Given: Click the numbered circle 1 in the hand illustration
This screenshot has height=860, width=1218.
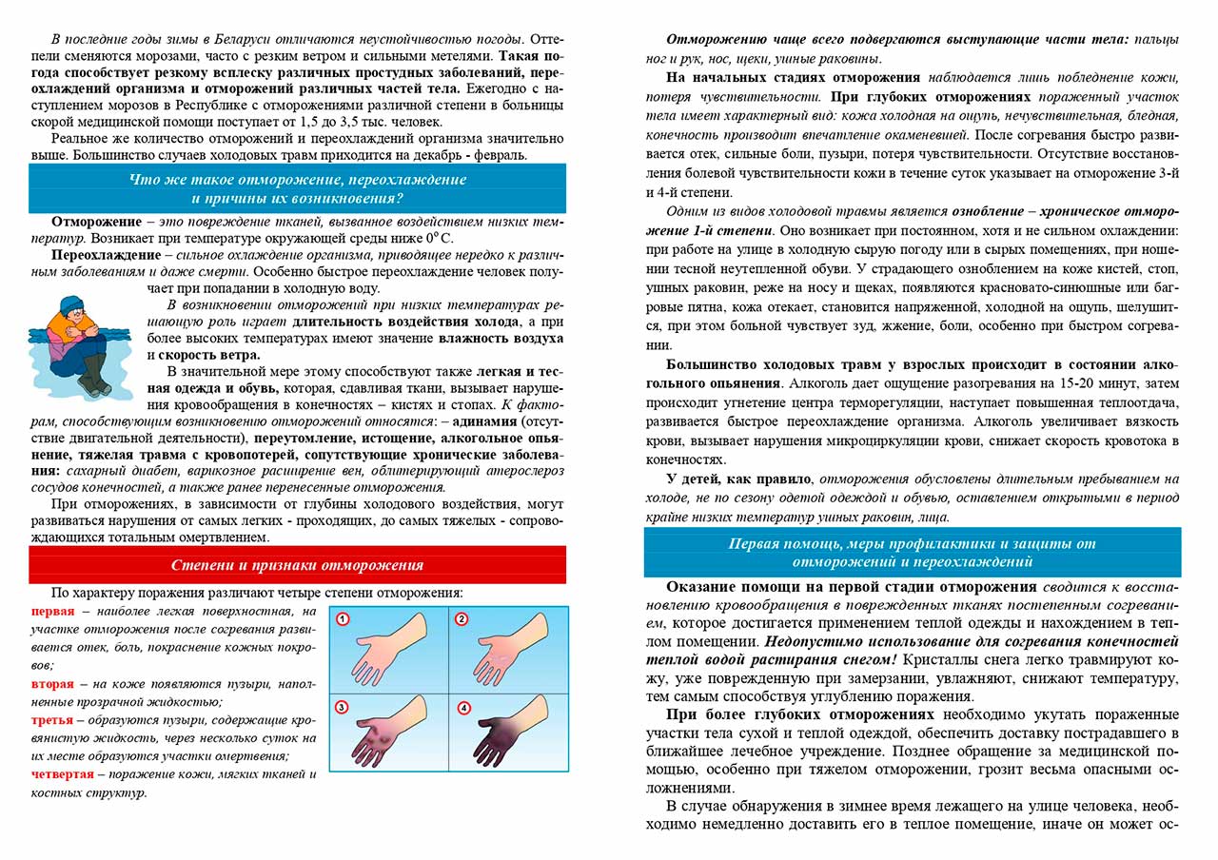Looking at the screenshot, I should [x=344, y=618].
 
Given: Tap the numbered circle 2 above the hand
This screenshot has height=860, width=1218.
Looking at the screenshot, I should [x=462, y=618].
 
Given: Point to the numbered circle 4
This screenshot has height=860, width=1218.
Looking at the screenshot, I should [x=463, y=707].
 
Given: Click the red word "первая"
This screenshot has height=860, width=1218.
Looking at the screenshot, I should [x=52, y=611].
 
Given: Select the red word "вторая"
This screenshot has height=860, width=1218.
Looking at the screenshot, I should [x=53, y=683].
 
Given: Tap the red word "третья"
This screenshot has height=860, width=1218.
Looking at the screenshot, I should [x=53, y=719].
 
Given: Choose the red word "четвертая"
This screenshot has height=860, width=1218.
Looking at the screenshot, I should [x=63, y=773].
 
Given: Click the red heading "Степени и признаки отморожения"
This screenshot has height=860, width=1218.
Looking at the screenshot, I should [x=297, y=565].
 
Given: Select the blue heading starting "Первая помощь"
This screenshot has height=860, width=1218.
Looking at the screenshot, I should [x=912, y=552].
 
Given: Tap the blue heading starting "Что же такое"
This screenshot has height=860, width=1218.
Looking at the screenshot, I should [x=297, y=188].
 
